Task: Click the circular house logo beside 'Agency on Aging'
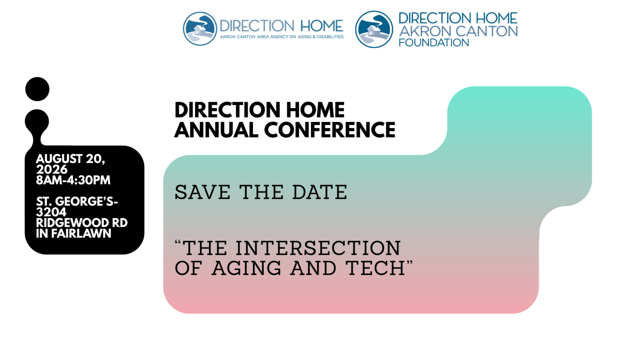[200, 29]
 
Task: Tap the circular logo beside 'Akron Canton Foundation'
[374, 29]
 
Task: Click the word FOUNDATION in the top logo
[434, 43]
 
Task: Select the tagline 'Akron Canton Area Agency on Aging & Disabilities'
[282, 37]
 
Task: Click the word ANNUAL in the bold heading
[216, 130]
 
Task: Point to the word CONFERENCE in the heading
[330, 130]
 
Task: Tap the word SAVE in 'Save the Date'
[202, 192]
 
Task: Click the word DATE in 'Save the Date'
[320, 192]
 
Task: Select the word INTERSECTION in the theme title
[318, 248]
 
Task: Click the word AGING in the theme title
[246, 268]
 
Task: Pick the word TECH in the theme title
[375, 268]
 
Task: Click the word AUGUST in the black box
[59, 159]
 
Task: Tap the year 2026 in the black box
[52, 169]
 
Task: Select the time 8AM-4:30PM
[73, 180]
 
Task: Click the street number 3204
[51, 212]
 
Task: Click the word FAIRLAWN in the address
[81, 234]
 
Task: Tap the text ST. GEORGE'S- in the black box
[77, 201]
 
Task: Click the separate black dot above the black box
[37, 89]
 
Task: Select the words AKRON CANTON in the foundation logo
[458, 31]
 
